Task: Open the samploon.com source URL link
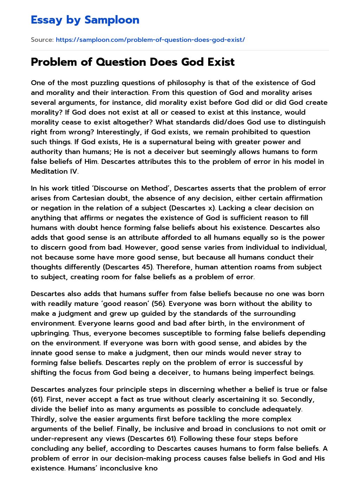[150, 40]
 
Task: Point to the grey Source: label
[42, 40]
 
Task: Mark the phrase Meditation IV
[54, 171]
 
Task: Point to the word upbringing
[50, 333]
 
